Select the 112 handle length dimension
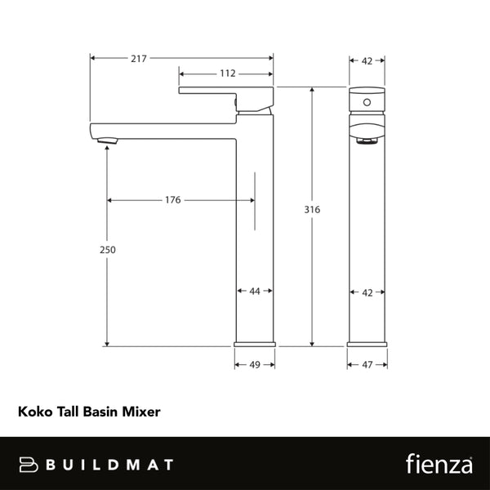pyautogui.click(x=228, y=73)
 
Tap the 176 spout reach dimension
pyautogui.click(x=172, y=200)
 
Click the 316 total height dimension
pyautogui.click(x=311, y=210)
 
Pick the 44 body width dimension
pyautogui.click(x=255, y=291)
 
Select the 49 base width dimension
pyautogui.click(x=255, y=364)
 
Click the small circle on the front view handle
pyautogui.click(x=367, y=103)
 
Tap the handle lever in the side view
pyautogui.click(x=226, y=95)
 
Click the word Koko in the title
pyautogui.click(x=33, y=413)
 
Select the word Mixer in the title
pyautogui.click(x=143, y=413)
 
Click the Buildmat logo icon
pyautogui.click(x=29, y=465)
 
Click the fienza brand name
pyautogui.click(x=439, y=464)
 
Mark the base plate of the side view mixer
pyautogui.click(x=255, y=342)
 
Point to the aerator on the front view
pyautogui.click(x=367, y=141)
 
